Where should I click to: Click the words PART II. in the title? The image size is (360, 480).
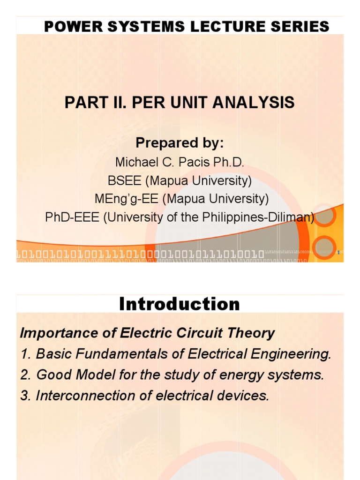(x=93, y=102)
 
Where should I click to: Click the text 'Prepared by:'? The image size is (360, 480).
(x=180, y=142)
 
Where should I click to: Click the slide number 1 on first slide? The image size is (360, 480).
(x=338, y=253)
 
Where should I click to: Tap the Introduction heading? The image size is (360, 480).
(x=180, y=304)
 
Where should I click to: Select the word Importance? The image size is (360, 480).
(x=51, y=333)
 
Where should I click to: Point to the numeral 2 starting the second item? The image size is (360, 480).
(x=24, y=375)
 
